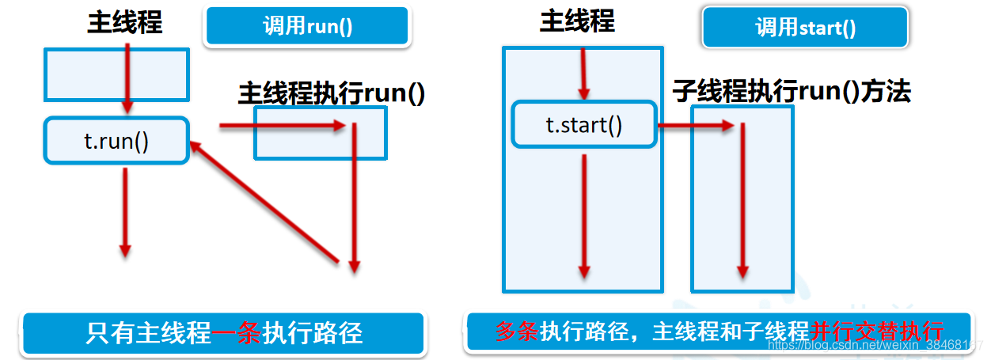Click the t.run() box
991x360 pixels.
click(x=116, y=141)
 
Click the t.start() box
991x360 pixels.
click(x=584, y=124)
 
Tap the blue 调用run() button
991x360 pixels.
click(x=307, y=26)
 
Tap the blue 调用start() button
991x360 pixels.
click(x=805, y=28)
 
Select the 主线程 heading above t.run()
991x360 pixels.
click(x=124, y=21)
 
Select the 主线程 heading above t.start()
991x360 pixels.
click(x=577, y=21)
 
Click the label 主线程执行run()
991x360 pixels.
click(x=332, y=93)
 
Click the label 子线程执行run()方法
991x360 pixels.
click(x=792, y=92)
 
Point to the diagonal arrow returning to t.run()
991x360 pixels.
click(x=265, y=202)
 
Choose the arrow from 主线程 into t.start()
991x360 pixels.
click(x=584, y=73)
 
